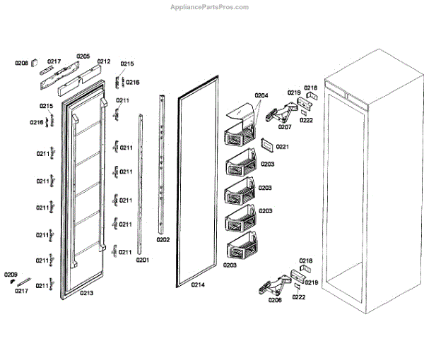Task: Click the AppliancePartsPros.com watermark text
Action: tap(210, 7)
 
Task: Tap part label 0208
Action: tap(22, 64)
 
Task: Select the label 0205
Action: tap(83, 56)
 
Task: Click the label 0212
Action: tap(104, 61)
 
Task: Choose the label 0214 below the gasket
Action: tap(199, 285)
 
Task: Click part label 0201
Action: tap(143, 260)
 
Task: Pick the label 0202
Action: tap(163, 240)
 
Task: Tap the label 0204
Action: tap(261, 95)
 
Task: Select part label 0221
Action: tap(283, 147)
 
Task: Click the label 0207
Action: tap(285, 128)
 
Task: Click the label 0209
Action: tap(11, 274)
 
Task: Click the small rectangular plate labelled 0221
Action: tap(267, 144)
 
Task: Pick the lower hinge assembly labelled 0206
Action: tap(276, 284)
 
